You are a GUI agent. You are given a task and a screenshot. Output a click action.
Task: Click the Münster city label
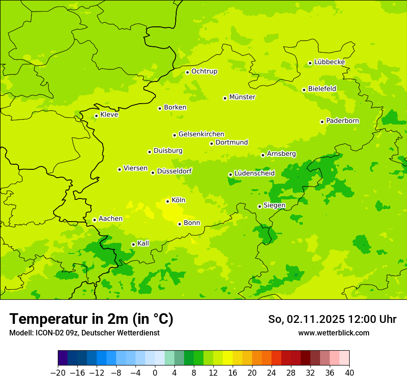[x=242, y=97]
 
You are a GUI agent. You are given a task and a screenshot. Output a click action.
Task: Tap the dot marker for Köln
[x=167, y=201]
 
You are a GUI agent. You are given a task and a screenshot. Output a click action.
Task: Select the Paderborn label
[x=342, y=121]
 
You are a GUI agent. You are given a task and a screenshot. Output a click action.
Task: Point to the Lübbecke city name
[x=329, y=62]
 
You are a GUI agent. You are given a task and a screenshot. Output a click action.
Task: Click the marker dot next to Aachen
[x=94, y=220]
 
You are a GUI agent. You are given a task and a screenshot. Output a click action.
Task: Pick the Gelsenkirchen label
[x=201, y=134]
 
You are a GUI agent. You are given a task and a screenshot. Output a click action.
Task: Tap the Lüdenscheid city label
[x=254, y=173]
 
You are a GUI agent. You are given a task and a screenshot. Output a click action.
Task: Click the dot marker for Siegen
[x=259, y=206]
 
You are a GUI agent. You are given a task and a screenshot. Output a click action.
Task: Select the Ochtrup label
[x=204, y=71]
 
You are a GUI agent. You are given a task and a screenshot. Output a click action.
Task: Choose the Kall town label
[x=143, y=243]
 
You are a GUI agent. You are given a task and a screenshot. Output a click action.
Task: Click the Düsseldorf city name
[x=174, y=171]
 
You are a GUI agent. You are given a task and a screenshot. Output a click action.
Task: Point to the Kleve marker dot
[x=96, y=116]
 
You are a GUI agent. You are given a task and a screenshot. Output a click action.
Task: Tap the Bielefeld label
[x=322, y=88]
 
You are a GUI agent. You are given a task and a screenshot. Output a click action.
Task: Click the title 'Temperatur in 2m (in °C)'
[x=91, y=319]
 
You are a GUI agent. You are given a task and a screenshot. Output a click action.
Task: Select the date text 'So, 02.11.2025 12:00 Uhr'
[x=332, y=319]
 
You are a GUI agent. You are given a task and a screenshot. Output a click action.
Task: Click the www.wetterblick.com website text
[x=333, y=333]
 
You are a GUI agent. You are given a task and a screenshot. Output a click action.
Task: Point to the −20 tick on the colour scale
[x=58, y=373]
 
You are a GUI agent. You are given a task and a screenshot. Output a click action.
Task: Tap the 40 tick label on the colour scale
[x=349, y=373]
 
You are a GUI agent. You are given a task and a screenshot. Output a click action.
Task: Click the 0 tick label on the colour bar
[x=155, y=373]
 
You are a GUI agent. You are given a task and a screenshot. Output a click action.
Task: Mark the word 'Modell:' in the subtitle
[x=20, y=333]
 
